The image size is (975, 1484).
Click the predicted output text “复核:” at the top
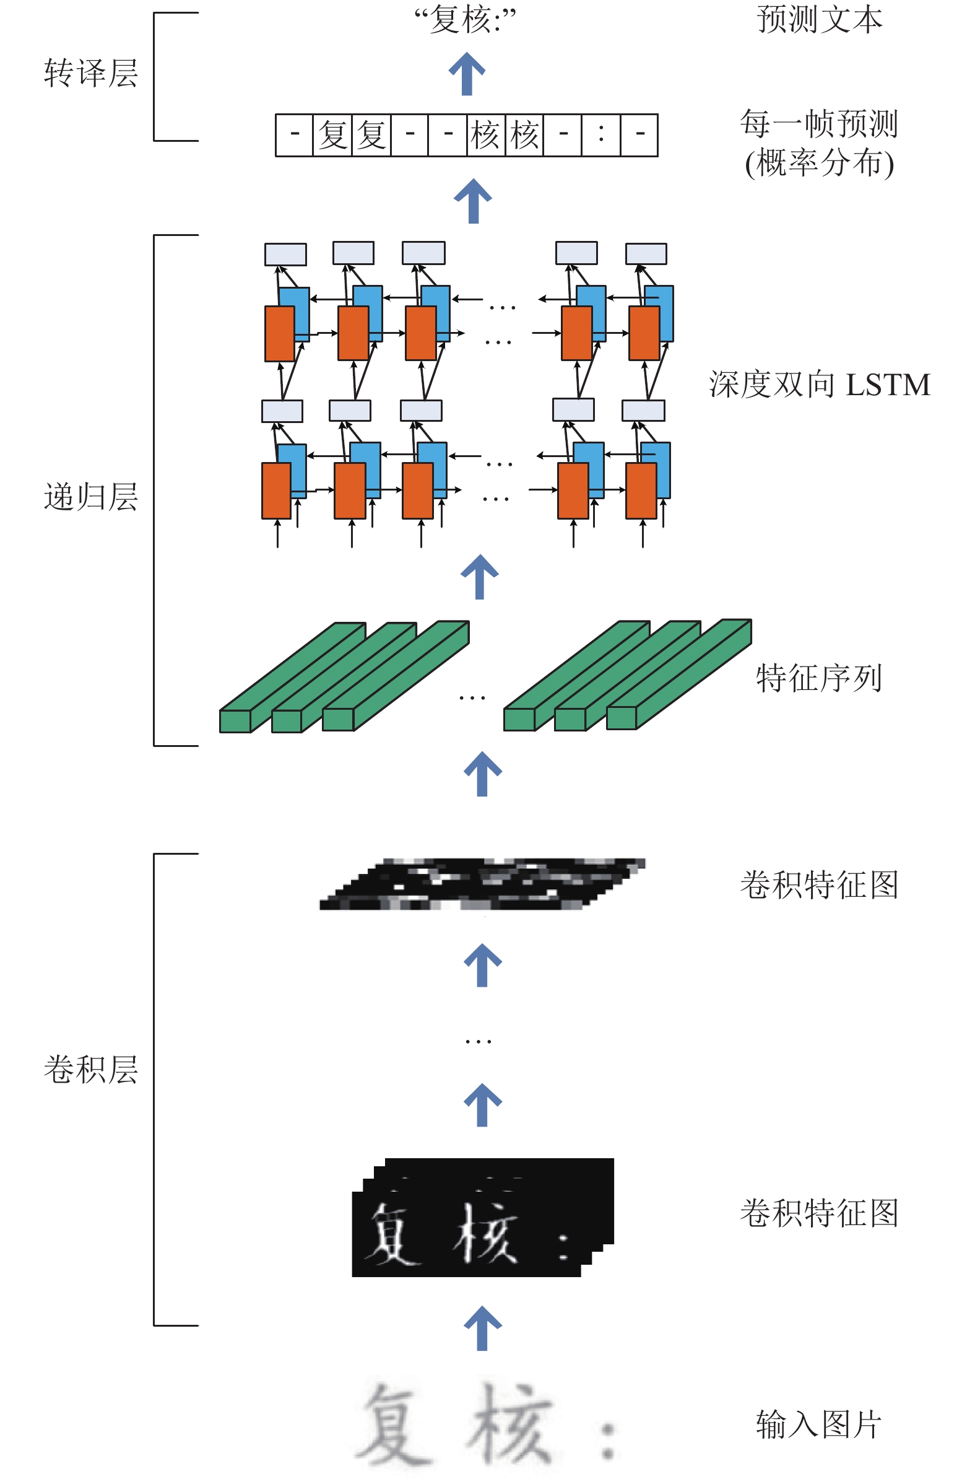coord(465,19)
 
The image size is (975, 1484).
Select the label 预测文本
coord(819,19)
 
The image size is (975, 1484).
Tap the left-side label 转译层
coord(91,73)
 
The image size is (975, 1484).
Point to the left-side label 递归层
coord(91,497)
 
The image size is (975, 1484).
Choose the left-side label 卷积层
coord(91,1070)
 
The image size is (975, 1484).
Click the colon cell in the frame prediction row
coord(601,134)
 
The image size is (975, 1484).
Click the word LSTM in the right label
coord(888,385)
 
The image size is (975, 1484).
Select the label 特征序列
coord(819,678)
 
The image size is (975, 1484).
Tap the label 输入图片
coord(819,1425)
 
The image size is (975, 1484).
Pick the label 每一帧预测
coord(819,123)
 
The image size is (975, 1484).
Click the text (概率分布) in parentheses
coord(819,164)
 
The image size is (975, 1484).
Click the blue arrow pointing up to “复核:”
coord(467,74)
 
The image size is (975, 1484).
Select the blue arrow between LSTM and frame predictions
coord(473,201)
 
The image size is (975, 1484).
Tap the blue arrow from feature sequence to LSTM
coord(479,577)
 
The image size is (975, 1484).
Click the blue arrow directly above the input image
coord(482,1328)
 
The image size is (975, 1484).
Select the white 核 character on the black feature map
coord(485,1233)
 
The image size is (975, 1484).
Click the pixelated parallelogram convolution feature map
coord(482,884)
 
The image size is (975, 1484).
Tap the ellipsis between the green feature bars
coord(472,699)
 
